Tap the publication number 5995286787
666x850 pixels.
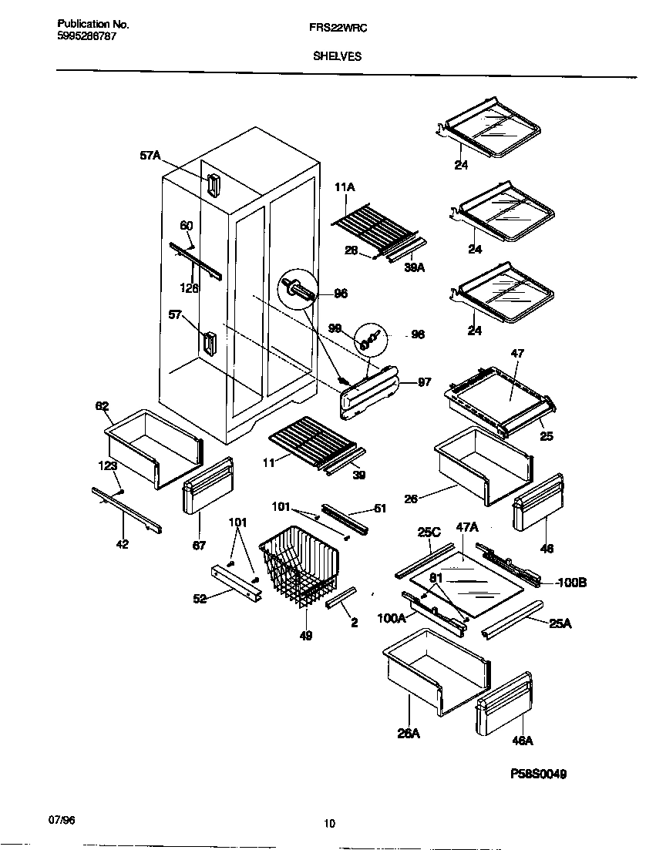(87, 36)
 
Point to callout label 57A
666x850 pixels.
(150, 156)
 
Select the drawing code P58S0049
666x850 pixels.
(538, 774)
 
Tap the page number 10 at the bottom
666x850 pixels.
(329, 823)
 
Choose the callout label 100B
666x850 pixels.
(572, 583)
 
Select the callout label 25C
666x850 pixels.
(428, 533)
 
